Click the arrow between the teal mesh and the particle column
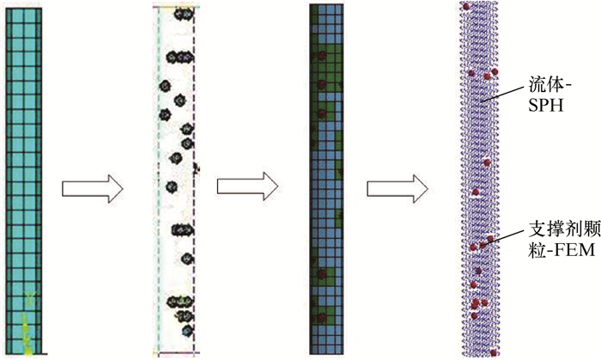coord(94,186)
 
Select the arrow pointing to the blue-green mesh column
coord(248,186)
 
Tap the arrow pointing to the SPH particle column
coord(398,186)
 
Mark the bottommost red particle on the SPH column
coord(493,351)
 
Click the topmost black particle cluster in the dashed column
coord(183,15)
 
